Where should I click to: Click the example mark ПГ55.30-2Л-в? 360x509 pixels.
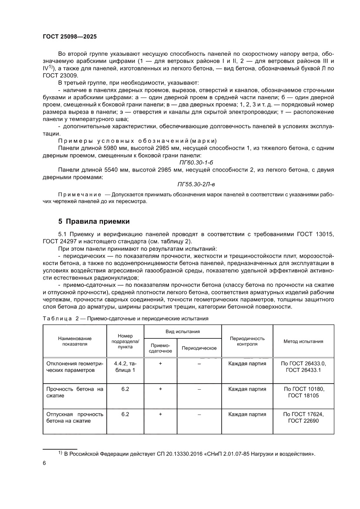[x=197, y=184]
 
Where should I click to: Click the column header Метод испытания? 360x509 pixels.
[x=303, y=341]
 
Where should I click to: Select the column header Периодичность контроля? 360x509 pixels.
[x=247, y=341]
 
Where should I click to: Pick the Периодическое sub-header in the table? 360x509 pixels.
[x=199, y=348]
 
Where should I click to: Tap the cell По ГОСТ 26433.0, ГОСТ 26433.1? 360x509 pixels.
[x=303, y=366]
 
